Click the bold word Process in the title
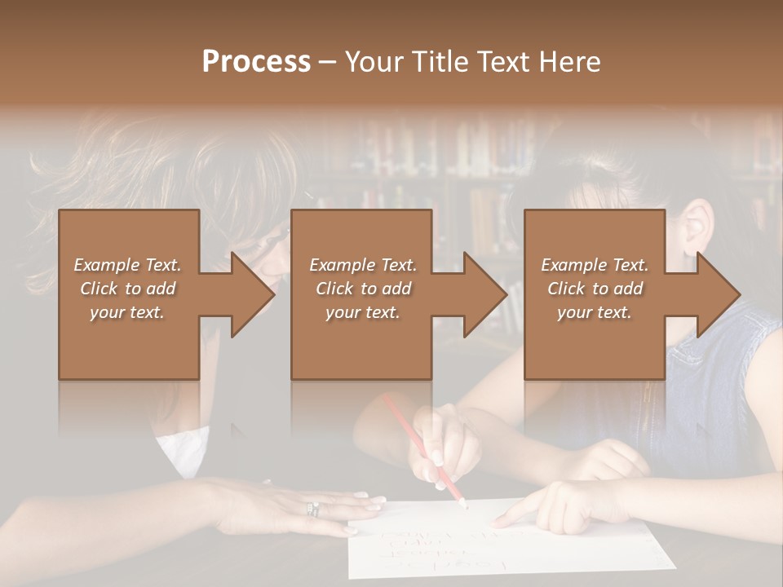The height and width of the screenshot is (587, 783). [x=256, y=62]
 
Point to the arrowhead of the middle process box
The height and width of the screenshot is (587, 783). [x=484, y=294]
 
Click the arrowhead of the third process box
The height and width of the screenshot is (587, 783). [x=717, y=294]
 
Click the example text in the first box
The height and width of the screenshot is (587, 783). [x=128, y=289]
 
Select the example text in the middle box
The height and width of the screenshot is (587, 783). [x=362, y=289]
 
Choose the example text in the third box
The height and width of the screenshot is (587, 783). [x=595, y=289]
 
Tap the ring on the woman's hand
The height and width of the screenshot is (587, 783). [x=312, y=510]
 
